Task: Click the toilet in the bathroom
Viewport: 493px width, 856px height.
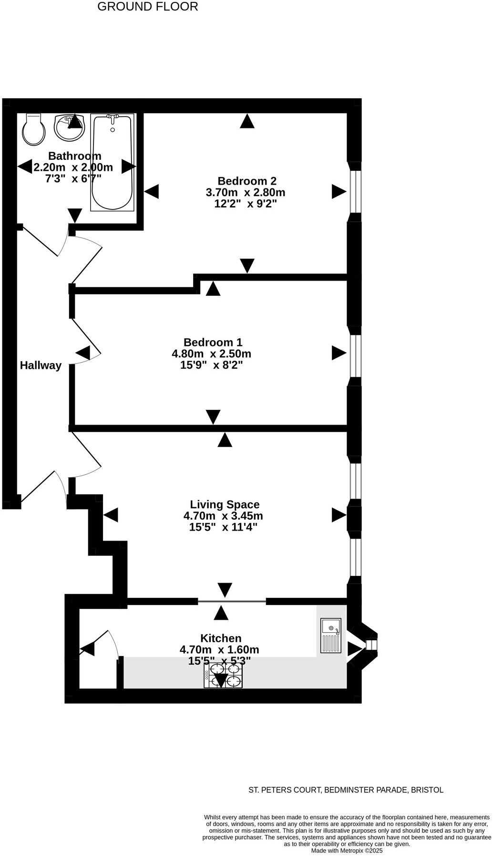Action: [x=33, y=129]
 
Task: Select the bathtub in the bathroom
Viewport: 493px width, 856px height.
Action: [x=113, y=162]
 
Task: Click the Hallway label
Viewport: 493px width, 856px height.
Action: [x=41, y=365]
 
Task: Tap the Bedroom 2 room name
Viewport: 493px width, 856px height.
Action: [x=247, y=181]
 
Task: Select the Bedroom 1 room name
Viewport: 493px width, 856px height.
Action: [x=213, y=343]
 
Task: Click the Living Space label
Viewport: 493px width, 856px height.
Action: [x=225, y=505]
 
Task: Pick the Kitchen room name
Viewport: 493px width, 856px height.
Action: [x=221, y=638]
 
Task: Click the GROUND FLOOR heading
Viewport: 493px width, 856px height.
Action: [x=148, y=7]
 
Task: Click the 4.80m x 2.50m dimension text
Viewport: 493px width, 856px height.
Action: [x=211, y=354]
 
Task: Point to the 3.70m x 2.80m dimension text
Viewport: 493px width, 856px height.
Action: [x=246, y=193]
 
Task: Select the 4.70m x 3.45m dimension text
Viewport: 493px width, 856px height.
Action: [x=223, y=516]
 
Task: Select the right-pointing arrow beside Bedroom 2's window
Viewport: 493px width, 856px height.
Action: [x=339, y=192]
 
